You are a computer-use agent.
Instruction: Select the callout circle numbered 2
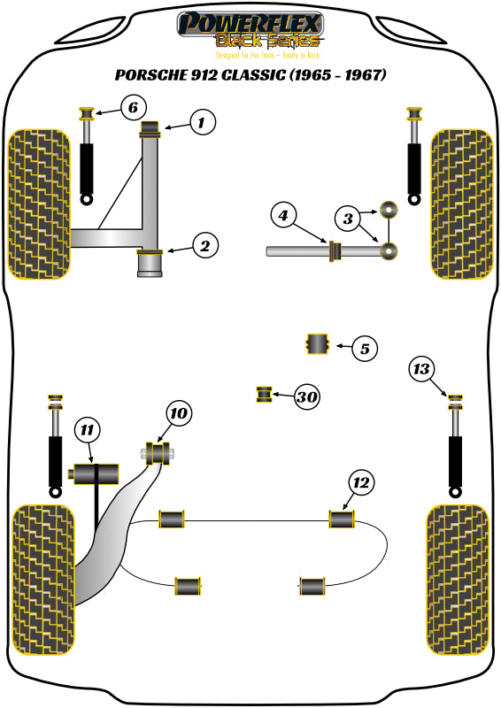pos(204,246)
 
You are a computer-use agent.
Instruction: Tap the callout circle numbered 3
pos(348,217)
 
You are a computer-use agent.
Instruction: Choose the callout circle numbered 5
pos(364,349)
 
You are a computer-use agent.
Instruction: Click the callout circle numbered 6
pos(131,109)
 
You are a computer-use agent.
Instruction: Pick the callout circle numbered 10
pos(179,413)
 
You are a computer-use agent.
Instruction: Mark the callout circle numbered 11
pos(86,429)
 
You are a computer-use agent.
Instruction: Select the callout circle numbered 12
pos(361,482)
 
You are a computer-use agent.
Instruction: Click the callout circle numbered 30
pos(306,397)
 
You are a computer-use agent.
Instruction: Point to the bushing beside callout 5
pos(317,344)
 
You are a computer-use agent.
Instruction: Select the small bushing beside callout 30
pos(264,394)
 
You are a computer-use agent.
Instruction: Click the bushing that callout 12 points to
pos(343,519)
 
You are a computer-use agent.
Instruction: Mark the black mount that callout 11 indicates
pos(94,473)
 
